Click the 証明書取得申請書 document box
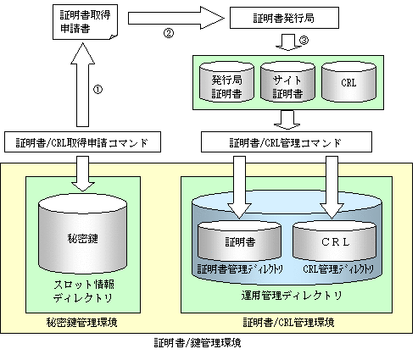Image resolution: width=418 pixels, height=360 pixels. coord(85,22)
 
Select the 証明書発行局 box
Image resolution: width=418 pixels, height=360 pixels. coord(284,18)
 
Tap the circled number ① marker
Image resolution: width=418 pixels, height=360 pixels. coord(98,90)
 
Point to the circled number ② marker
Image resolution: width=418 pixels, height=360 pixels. coord(169,33)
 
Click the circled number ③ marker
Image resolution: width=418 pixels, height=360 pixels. coord(304,41)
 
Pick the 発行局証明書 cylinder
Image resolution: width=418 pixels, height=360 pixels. coord(226,82)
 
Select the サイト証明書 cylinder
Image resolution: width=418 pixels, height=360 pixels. coord(287,82)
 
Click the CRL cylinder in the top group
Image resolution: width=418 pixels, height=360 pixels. coord(348,82)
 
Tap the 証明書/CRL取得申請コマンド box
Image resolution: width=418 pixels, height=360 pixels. coord(82,141)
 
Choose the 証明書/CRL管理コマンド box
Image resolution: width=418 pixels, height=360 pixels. coord(287,141)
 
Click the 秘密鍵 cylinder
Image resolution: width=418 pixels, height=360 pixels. coord(82,234)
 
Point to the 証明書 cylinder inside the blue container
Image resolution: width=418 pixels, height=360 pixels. coord(239,241)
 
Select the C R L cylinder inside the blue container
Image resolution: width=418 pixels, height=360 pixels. coord(335,241)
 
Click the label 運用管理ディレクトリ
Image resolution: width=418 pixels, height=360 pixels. coord(292,296)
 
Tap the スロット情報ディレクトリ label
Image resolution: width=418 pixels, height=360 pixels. coord(84,291)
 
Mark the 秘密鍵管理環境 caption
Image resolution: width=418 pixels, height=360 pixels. coord(82,322)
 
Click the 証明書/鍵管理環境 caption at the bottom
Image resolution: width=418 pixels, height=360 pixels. coord(198,343)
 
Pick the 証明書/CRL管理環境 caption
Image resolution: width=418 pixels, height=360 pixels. coord(288,322)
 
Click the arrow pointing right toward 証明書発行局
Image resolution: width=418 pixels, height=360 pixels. coord(176,18)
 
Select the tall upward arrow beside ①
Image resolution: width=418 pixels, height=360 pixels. coord(82,85)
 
